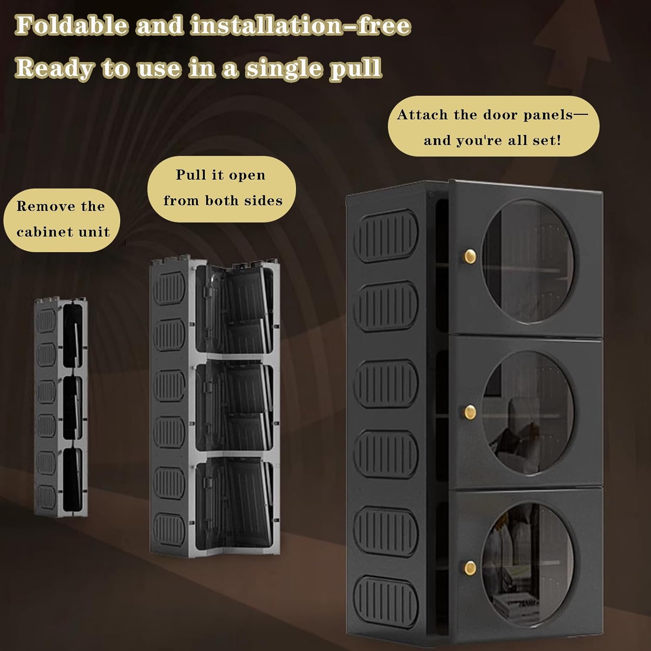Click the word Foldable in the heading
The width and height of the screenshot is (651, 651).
72,25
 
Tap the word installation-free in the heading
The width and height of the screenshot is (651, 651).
300,25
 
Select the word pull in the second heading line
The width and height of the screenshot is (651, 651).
355,69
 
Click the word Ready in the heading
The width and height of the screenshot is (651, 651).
55,69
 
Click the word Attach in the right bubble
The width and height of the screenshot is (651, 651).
422,115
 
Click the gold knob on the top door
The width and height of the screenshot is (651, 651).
470,256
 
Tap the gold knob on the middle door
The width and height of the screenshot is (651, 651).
470,411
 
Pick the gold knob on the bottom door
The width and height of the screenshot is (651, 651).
470,566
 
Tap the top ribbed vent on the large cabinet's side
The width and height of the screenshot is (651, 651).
386,237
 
